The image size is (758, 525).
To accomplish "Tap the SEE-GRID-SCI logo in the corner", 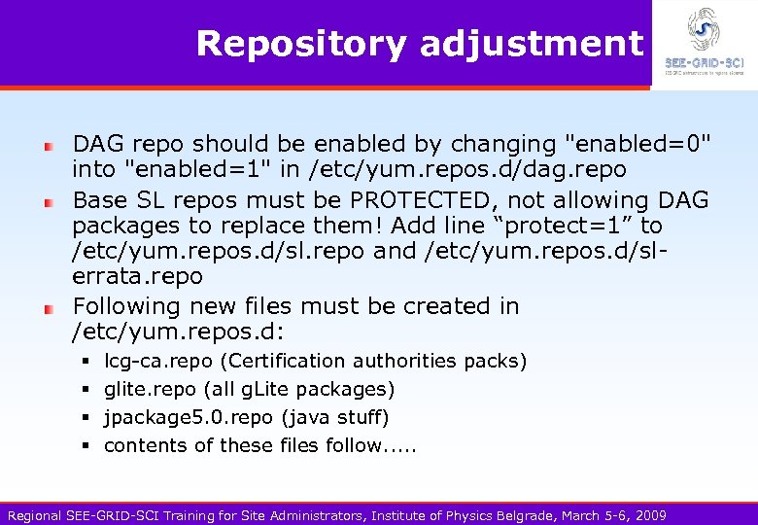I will pos(703,42).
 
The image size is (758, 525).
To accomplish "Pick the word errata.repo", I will pos(137,276).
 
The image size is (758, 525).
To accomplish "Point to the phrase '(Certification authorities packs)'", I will pos(373,362).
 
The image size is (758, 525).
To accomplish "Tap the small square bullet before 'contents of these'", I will pos(86,446).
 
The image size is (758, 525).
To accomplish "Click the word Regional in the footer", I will pos(34,515).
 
